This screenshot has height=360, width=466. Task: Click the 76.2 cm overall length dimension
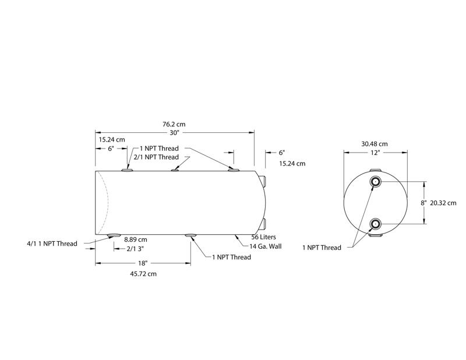coord(174,124)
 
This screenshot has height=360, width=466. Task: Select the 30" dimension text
coord(174,133)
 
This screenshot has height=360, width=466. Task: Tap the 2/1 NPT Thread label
coord(156,157)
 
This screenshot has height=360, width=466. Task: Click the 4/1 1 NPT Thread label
coord(52,243)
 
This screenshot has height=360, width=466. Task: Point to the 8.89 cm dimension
coord(135,239)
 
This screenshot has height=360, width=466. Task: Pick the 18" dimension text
coord(143,263)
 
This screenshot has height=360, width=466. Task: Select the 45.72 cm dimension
coord(143,273)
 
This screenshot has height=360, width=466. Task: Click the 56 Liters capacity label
coord(263,238)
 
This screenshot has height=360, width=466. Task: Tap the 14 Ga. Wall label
coord(266,246)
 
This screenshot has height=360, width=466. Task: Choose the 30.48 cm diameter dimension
coord(375,144)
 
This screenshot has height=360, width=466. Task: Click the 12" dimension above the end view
coord(375,153)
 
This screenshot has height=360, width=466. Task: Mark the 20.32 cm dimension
coord(443,203)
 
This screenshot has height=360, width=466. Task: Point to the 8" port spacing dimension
coord(423,203)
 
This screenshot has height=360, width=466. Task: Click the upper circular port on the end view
coord(376,182)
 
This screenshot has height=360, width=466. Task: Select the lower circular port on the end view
coord(376,223)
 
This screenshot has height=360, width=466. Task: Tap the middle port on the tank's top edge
coord(175,170)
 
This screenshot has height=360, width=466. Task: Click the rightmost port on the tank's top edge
coord(234,170)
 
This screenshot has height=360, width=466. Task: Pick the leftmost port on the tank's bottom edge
coord(114,235)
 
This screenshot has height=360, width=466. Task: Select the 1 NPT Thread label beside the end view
coord(322,248)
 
